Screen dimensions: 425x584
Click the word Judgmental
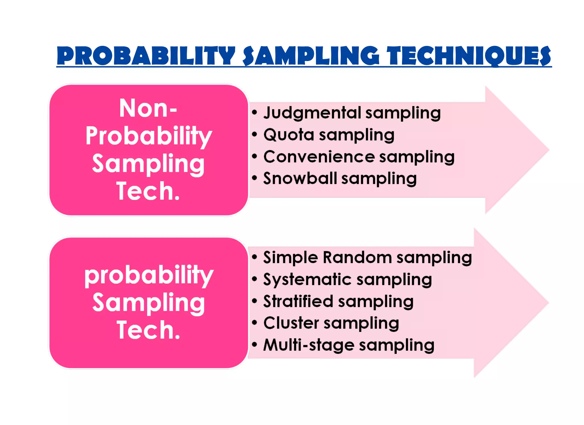312,113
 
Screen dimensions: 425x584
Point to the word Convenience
319,157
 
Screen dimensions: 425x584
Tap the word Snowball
300,178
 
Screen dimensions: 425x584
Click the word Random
357,257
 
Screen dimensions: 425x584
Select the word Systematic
307,280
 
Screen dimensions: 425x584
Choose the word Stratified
298,301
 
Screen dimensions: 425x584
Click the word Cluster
291,323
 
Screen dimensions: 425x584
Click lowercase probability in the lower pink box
149,275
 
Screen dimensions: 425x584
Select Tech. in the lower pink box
149,330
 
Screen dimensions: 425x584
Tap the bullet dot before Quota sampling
255,134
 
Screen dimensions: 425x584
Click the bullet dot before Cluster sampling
255,323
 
